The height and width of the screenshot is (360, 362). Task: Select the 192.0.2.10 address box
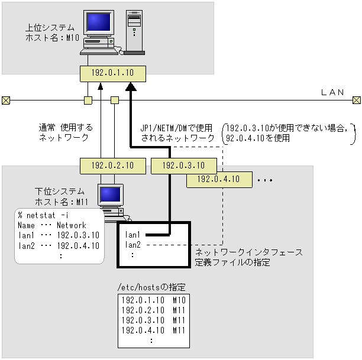coord(112,166)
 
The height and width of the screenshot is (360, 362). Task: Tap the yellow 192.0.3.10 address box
coord(183,166)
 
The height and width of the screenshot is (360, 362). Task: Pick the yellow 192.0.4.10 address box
coord(218,179)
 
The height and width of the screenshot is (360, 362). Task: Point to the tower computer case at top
coord(134,33)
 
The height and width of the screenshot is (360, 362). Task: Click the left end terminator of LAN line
coord(5,100)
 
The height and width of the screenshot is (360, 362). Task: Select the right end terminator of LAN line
coord(356,100)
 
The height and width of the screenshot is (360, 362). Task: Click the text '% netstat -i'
coord(43,215)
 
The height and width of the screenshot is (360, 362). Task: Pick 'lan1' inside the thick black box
coord(133,235)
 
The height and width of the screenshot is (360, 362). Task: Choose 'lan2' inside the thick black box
coord(133,244)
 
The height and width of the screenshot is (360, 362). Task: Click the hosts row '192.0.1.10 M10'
coord(153,300)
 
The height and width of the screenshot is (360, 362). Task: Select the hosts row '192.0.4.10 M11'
coord(153,330)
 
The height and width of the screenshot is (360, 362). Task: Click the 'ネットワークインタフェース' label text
coord(248,252)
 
